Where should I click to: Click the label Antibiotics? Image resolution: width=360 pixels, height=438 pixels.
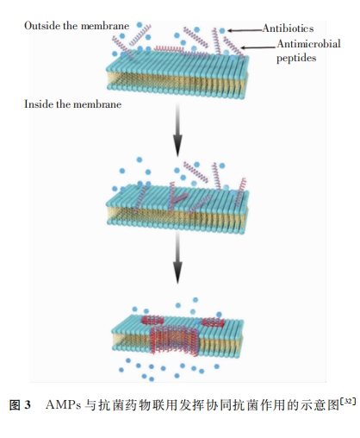pos(288,28)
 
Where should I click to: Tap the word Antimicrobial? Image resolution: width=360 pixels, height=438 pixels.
pos(309,44)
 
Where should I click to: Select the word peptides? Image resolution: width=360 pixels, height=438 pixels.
pos(296,58)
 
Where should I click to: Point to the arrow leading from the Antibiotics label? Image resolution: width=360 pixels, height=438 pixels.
pos(245,30)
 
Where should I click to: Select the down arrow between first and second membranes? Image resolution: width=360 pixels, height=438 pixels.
pos(177,130)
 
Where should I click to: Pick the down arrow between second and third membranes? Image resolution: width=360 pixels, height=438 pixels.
pos(177,257)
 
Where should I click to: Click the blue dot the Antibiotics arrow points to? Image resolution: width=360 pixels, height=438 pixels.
pos(222,30)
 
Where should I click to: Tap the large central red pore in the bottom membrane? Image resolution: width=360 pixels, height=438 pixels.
pos(174,340)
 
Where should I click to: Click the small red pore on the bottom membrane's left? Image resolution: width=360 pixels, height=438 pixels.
pos(152,320)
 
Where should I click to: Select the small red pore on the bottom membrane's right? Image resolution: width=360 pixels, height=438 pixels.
pos(213,322)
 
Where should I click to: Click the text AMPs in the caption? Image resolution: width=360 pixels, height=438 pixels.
pos(63,405)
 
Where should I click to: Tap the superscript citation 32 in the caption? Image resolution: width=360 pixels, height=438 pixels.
pos(348,402)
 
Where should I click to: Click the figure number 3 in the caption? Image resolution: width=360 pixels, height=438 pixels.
pos(28,405)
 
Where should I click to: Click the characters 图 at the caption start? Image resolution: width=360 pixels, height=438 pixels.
pos(15,405)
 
